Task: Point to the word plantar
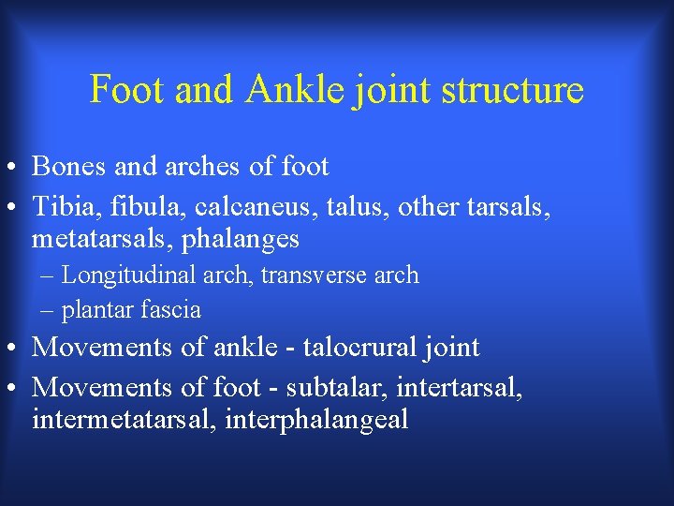95,309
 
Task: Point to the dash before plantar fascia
48,310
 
